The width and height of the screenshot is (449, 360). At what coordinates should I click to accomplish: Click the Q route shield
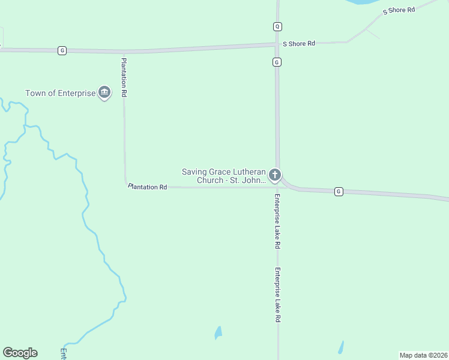click(277, 26)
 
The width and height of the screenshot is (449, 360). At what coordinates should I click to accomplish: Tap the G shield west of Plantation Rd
click(62, 50)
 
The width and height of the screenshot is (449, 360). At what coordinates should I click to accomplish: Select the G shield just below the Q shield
click(277, 62)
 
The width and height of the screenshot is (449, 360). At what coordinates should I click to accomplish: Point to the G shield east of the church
click(339, 191)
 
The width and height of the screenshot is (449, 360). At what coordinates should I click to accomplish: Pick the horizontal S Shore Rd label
click(299, 43)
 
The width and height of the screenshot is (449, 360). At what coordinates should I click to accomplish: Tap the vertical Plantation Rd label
click(124, 77)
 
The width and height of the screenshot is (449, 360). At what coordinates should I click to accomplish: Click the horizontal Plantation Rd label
click(148, 187)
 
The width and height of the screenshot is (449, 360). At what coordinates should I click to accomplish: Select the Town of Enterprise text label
click(60, 93)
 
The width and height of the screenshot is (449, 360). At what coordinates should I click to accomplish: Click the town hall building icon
click(104, 92)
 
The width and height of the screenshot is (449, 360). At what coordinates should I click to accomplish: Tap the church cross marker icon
click(275, 175)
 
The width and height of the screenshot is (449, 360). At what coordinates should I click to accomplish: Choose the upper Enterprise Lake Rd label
click(277, 221)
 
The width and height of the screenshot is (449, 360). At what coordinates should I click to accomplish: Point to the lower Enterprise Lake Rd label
click(277, 295)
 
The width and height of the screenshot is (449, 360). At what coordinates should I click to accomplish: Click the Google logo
click(20, 353)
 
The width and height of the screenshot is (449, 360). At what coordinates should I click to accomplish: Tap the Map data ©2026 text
click(423, 355)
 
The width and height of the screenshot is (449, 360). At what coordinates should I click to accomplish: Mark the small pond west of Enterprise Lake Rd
click(218, 332)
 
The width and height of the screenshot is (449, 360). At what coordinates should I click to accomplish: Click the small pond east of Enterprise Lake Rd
click(341, 347)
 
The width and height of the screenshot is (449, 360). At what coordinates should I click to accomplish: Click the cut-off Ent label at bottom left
click(63, 353)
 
